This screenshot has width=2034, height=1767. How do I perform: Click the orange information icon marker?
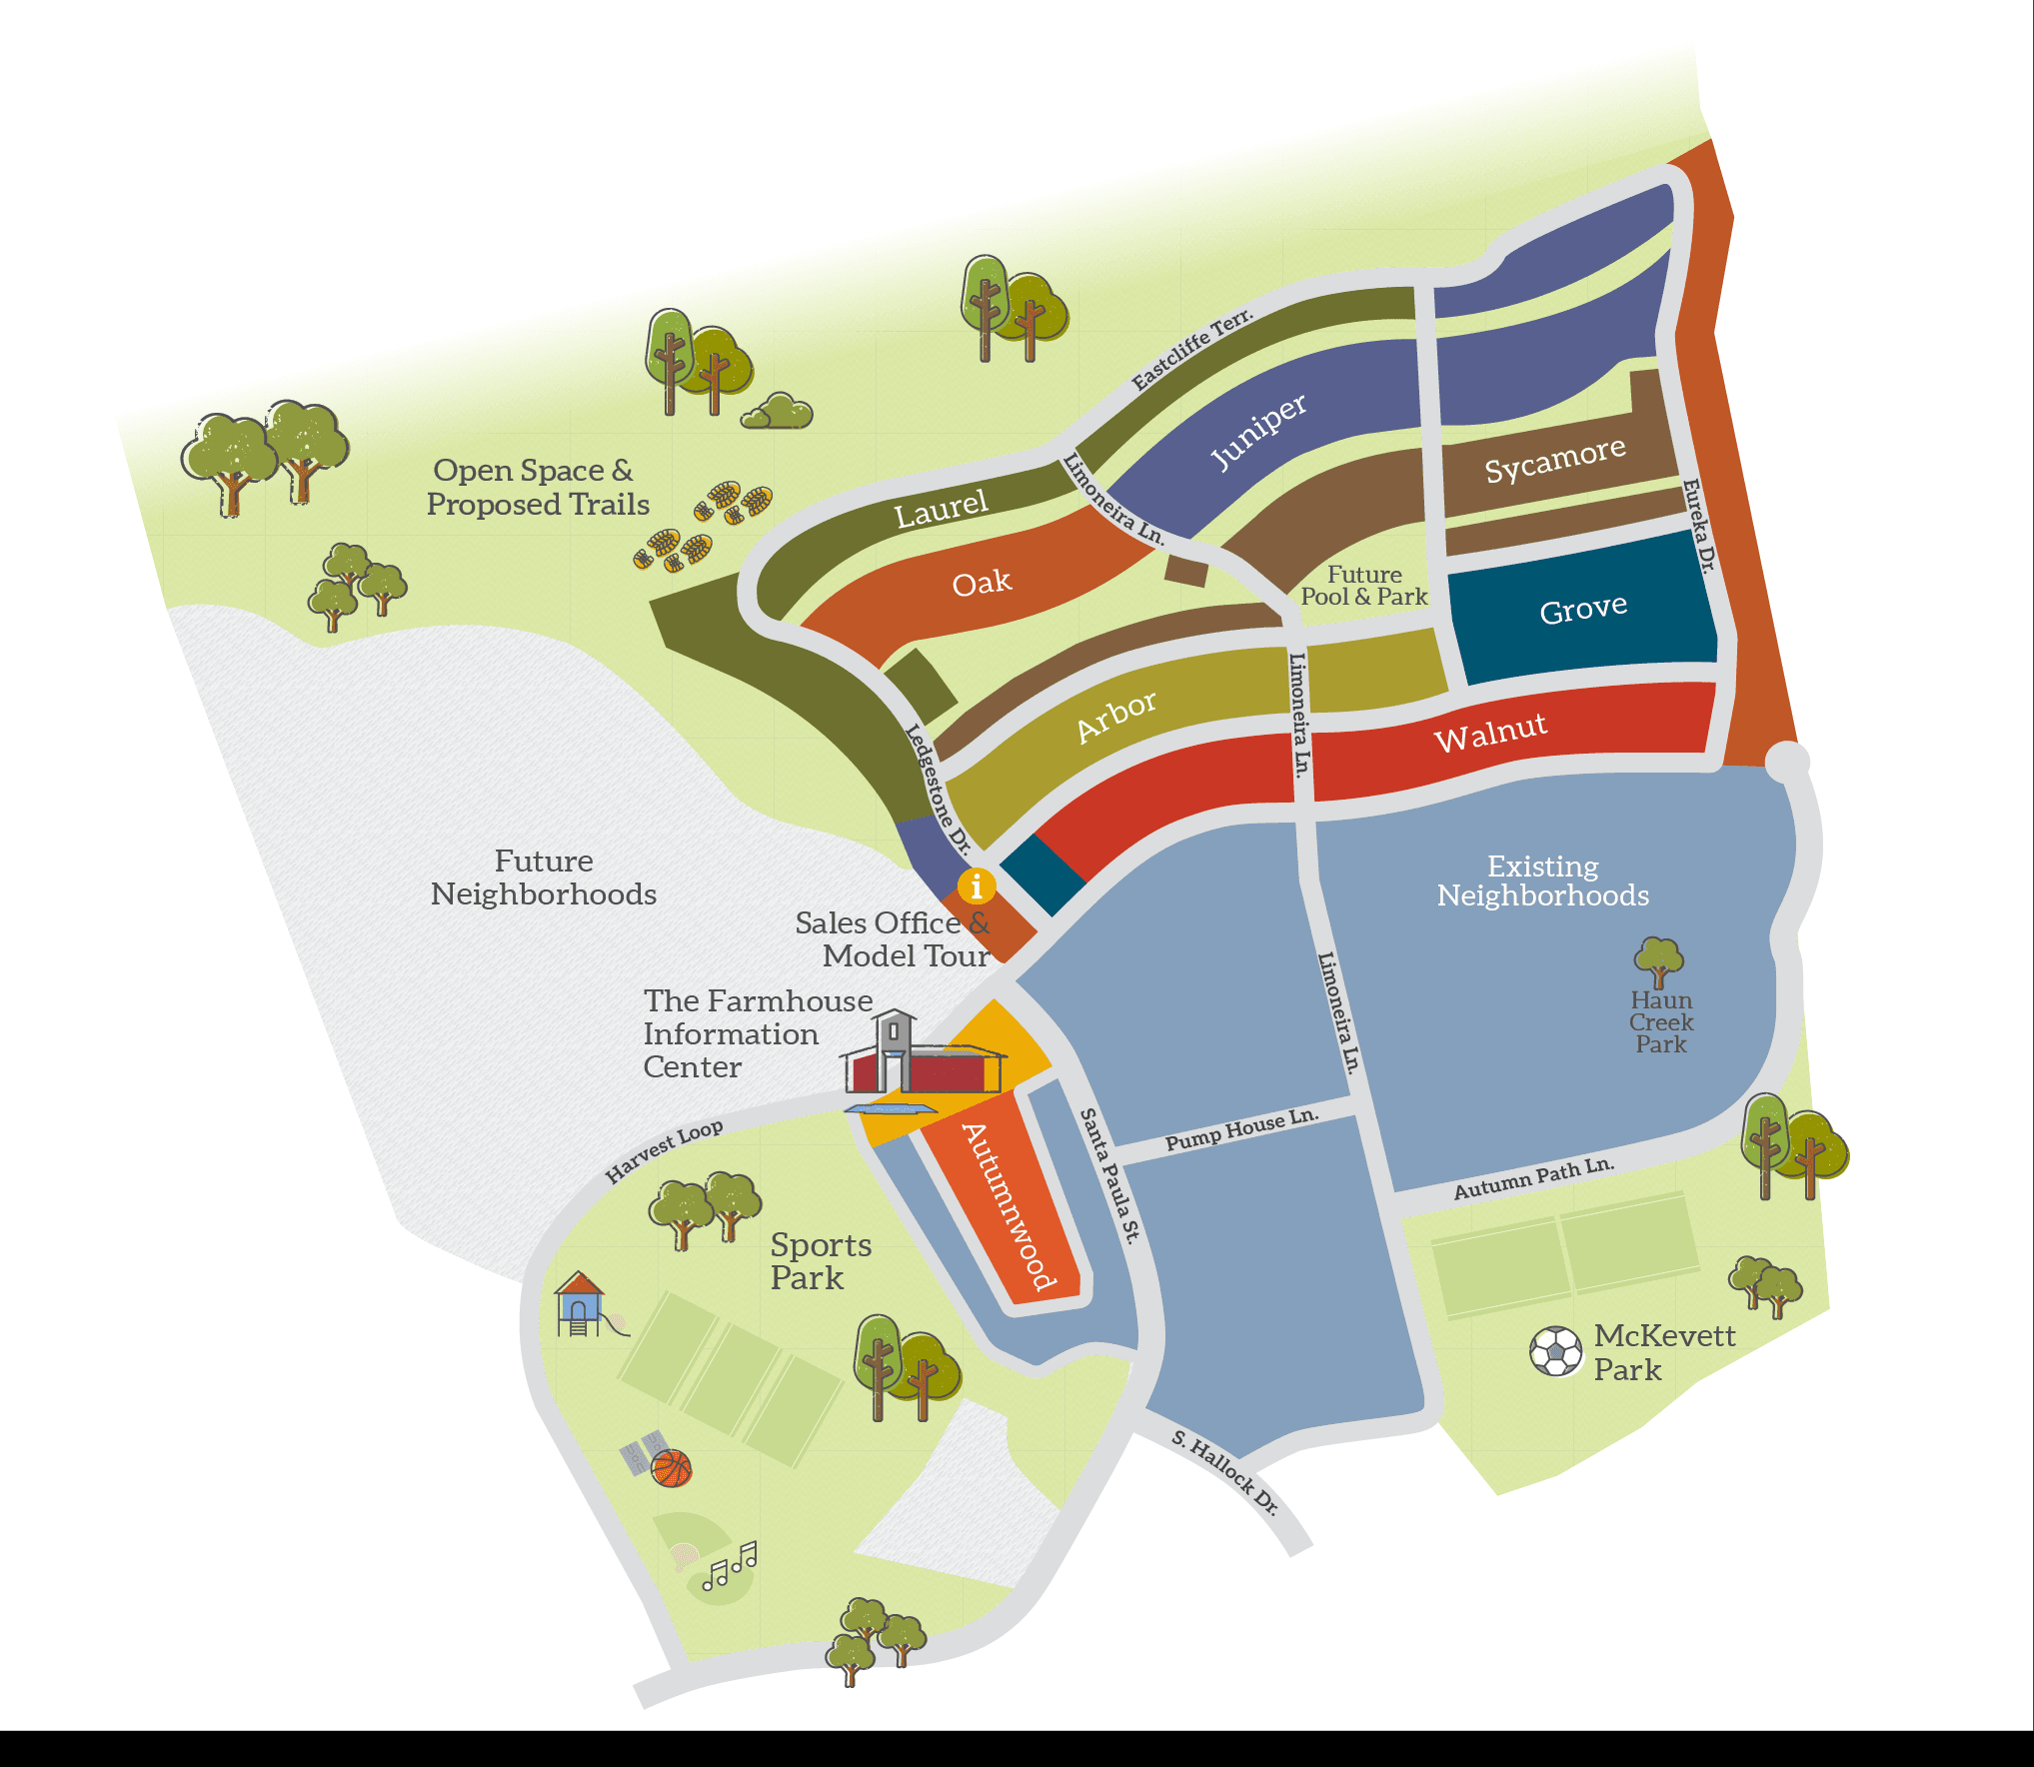pyautogui.click(x=977, y=885)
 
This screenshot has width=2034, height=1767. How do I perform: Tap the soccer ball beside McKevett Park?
pyautogui.click(x=1556, y=1351)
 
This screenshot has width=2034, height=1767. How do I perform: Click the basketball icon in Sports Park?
pyautogui.click(x=672, y=1468)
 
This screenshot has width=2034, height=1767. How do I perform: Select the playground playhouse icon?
pyautogui.click(x=580, y=1303)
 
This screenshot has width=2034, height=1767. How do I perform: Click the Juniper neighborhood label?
pyautogui.click(x=1257, y=431)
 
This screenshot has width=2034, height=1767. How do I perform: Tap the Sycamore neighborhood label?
pyautogui.click(x=1554, y=460)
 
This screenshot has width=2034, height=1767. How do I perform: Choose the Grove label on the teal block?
pyautogui.click(x=1583, y=608)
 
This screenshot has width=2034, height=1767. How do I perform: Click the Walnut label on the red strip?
pyautogui.click(x=1490, y=733)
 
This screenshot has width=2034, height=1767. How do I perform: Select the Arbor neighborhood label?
pyautogui.click(x=1116, y=716)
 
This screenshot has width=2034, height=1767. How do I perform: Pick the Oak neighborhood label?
pyautogui.click(x=982, y=583)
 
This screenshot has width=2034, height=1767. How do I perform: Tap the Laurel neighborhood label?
pyautogui.click(x=941, y=509)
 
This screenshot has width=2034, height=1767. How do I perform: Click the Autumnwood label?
pyautogui.click(x=1010, y=1206)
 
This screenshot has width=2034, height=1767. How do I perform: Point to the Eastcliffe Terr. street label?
pyautogui.click(x=1191, y=349)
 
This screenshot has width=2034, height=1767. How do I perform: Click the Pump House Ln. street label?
pyautogui.click(x=1242, y=1128)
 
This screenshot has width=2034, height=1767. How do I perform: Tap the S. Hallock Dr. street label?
pyautogui.click(x=1224, y=1472)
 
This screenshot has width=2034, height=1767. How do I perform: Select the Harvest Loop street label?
pyautogui.click(x=664, y=1150)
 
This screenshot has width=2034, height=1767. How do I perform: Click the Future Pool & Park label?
pyautogui.click(x=1364, y=586)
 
